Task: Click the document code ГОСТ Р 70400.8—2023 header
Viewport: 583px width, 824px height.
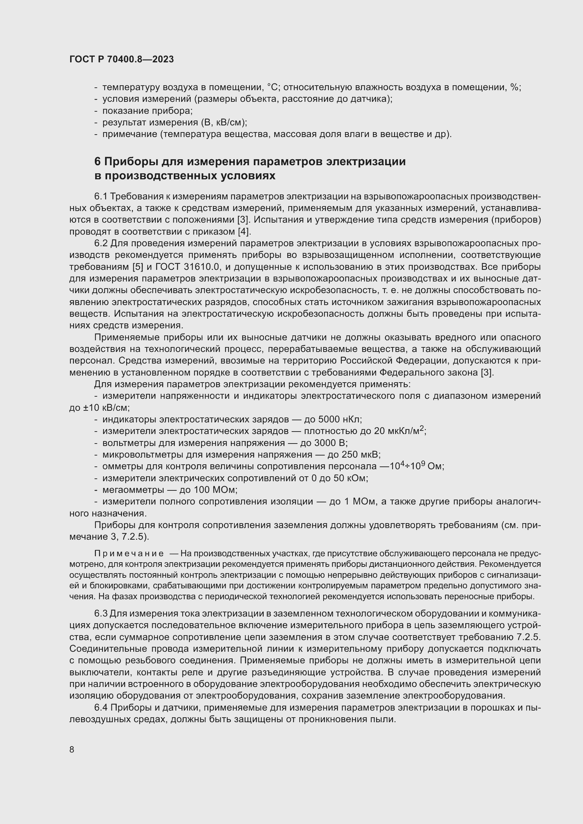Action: tap(121, 59)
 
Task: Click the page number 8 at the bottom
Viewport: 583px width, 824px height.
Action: tap(72, 749)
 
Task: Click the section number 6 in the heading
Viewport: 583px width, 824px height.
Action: tap(97, 161)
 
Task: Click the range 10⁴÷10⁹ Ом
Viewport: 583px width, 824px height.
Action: tap(417, 466)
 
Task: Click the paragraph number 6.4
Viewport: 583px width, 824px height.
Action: tap(101, 708)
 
